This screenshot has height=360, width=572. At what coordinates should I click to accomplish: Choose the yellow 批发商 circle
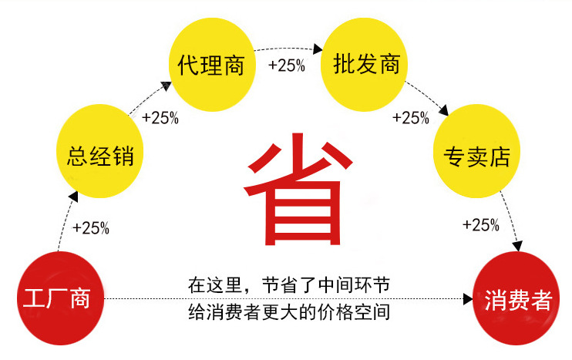click(366, 65)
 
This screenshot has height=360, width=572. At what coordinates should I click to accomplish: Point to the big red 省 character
click(294, 189)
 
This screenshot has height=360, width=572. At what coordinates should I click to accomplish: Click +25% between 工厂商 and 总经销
click(90, 228)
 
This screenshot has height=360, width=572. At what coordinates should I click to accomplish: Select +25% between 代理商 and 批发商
click(286, 66)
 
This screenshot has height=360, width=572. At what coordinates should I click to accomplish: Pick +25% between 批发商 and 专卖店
click(411, 118)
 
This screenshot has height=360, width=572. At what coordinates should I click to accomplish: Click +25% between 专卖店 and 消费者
click(481, 225)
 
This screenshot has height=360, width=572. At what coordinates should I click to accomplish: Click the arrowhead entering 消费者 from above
click(518, 246)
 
